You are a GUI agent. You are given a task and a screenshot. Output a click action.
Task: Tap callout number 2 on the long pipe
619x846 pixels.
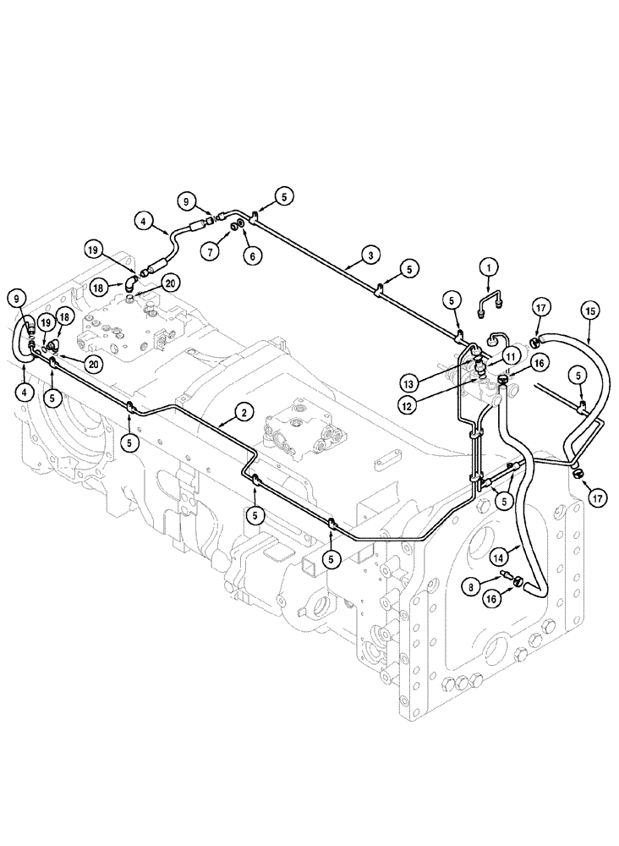pos(243,413)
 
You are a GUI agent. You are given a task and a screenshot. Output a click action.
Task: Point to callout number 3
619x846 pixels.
pos(370,254)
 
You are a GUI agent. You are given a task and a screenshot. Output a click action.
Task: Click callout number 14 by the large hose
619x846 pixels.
pos(498,556)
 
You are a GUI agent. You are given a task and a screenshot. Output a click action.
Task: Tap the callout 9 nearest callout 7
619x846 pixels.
pos(185,201)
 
